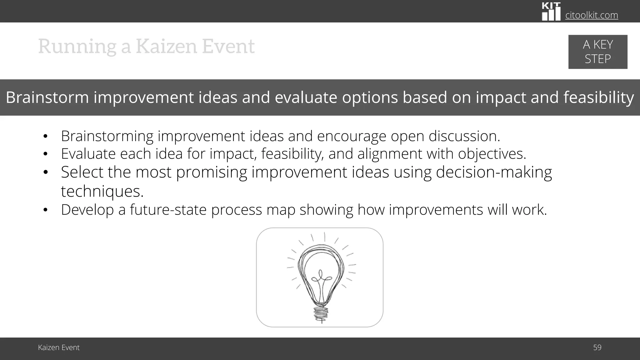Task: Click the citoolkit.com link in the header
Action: tap(592, 15)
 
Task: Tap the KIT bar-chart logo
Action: tap(551, 12)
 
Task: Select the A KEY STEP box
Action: tap(597, 52)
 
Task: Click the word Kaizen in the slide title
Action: tap(166, 46)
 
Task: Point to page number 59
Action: tap(597, 347)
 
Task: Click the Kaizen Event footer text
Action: tap(59, 347)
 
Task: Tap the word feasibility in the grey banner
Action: tap(598, 97)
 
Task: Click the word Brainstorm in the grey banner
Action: tap(47, 97)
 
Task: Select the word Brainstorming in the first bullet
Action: tap(107, 136)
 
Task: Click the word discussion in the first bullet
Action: tap(464, 136)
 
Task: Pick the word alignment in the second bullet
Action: tap(390, 154)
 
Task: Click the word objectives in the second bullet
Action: tap(492, 154)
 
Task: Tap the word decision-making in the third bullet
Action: tap(494, 172)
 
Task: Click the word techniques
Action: tap(102, 191)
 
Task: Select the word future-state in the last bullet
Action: tap(168, 210)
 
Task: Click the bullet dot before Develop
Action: tap(45, 210)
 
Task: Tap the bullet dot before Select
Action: tap(45, 172)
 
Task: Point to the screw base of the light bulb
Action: tap(321, 314)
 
